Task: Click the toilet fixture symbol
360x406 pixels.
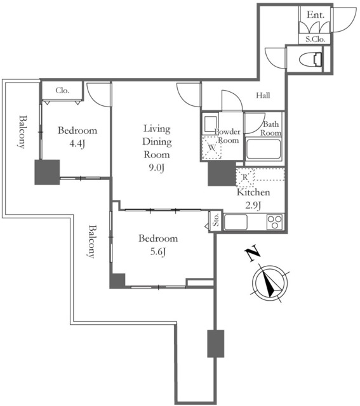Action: pyautogui.click(x=310, y=60)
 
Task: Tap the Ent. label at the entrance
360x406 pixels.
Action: pyautogui.click(x=315, y=15)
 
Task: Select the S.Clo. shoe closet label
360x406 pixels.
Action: pyautogui.click(x=315, y=39)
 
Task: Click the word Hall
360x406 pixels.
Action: pyautogui.click(x=263, y=95)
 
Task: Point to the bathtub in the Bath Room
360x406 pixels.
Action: pyautogui.click(x=263, y=149)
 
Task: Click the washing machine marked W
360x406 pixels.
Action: pyautogui.click(x=211, y=147)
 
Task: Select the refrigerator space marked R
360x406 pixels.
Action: pyautogui.click(x=245, y=178)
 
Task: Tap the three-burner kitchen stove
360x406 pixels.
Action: pyautogui.click(x=276, y=222)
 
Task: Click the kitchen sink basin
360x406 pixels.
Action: pyautogui.click(x=236, y=222)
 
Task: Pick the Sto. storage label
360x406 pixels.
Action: pyautogui.click(x=216, y=219)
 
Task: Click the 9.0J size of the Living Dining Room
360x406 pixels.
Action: pyautogui.click(x=156, y=167)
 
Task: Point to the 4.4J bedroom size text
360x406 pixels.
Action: pyautogui.click(x=77, y=143)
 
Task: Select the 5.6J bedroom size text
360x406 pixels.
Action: pyautogui.click(x=158, y=251)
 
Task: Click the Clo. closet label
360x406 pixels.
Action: pyautogui.click(x=62, y=90)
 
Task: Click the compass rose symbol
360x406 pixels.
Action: pyautogui.click(x=270, y=283)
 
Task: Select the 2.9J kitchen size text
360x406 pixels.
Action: pyautogui.click(x=253, y=205)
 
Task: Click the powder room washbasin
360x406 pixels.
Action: pyautogui.click(x=210, y=124)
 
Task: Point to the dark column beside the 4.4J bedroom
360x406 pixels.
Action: pyautogui.click(x=47, y=172)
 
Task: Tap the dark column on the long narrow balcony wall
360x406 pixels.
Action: pyautogui.click(x=216, y=344)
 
